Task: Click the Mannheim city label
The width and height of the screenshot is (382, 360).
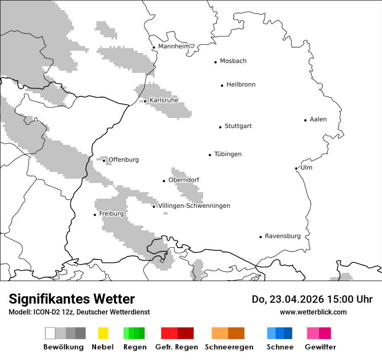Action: [x=174, y=46]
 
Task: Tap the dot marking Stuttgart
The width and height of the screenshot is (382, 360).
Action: [x=220, y=127]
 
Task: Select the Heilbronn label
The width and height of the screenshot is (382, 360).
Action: [x=241, y=85]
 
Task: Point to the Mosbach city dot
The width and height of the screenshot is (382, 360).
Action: [x=215, y=62]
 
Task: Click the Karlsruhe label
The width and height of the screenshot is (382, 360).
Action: [x=164, y=100]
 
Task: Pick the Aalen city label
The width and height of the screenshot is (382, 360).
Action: [x=318, y=119]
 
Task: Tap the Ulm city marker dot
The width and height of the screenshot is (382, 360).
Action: [x=296, y=168]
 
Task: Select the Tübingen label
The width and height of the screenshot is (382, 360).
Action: [x=228, y=154]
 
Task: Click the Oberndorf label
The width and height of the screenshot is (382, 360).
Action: [x=184, y=180]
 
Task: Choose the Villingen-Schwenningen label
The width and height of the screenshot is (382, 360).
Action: [x=194, y=206]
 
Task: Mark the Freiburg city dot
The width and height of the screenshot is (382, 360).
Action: [x=95, y=215]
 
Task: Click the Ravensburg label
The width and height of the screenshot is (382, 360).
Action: [x=283, y=236]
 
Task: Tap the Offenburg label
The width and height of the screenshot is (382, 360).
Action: [x=123, y=160]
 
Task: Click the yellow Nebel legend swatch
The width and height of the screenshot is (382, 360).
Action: [x=103, y=333]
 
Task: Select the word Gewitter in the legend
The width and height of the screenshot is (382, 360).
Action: [x=320, y=347]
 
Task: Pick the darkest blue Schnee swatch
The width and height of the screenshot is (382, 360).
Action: [x=288, y=333]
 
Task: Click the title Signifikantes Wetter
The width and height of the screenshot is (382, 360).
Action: [x=72, y=299]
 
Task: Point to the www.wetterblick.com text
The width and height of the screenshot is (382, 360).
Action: [x=313, y=312]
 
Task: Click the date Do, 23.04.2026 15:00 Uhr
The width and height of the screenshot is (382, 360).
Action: [x=312, y=299]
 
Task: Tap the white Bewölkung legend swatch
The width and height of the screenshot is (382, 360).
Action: [x=50, y=333]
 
